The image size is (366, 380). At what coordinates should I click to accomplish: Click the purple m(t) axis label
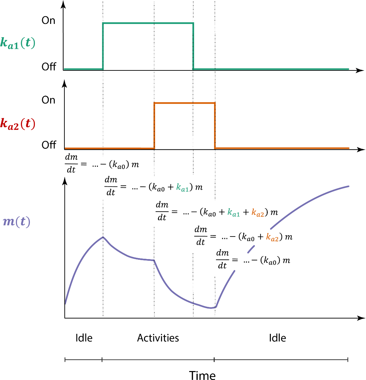(17, 222)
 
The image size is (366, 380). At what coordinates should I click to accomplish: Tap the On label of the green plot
(48, 21)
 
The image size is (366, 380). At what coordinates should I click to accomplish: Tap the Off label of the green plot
(49, 67)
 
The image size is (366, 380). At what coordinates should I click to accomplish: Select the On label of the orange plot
(48, 100)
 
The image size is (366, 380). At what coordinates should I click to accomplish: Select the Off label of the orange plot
(49, 145)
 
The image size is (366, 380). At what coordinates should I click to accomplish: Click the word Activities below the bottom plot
(158, 338)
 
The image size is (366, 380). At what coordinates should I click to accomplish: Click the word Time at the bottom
(202, 375)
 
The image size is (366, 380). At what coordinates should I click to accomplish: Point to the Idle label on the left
(84, 338)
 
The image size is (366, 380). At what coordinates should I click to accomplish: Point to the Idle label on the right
(277, 338)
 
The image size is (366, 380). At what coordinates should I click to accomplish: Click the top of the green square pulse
(148, 23)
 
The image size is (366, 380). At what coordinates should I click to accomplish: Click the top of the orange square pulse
(184, 103)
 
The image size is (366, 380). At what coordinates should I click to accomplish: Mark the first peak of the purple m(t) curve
(103, 237)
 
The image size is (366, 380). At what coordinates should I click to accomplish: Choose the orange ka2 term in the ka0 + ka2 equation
(272, 238)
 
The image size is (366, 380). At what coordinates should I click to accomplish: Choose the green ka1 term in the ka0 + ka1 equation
(183, 188)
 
